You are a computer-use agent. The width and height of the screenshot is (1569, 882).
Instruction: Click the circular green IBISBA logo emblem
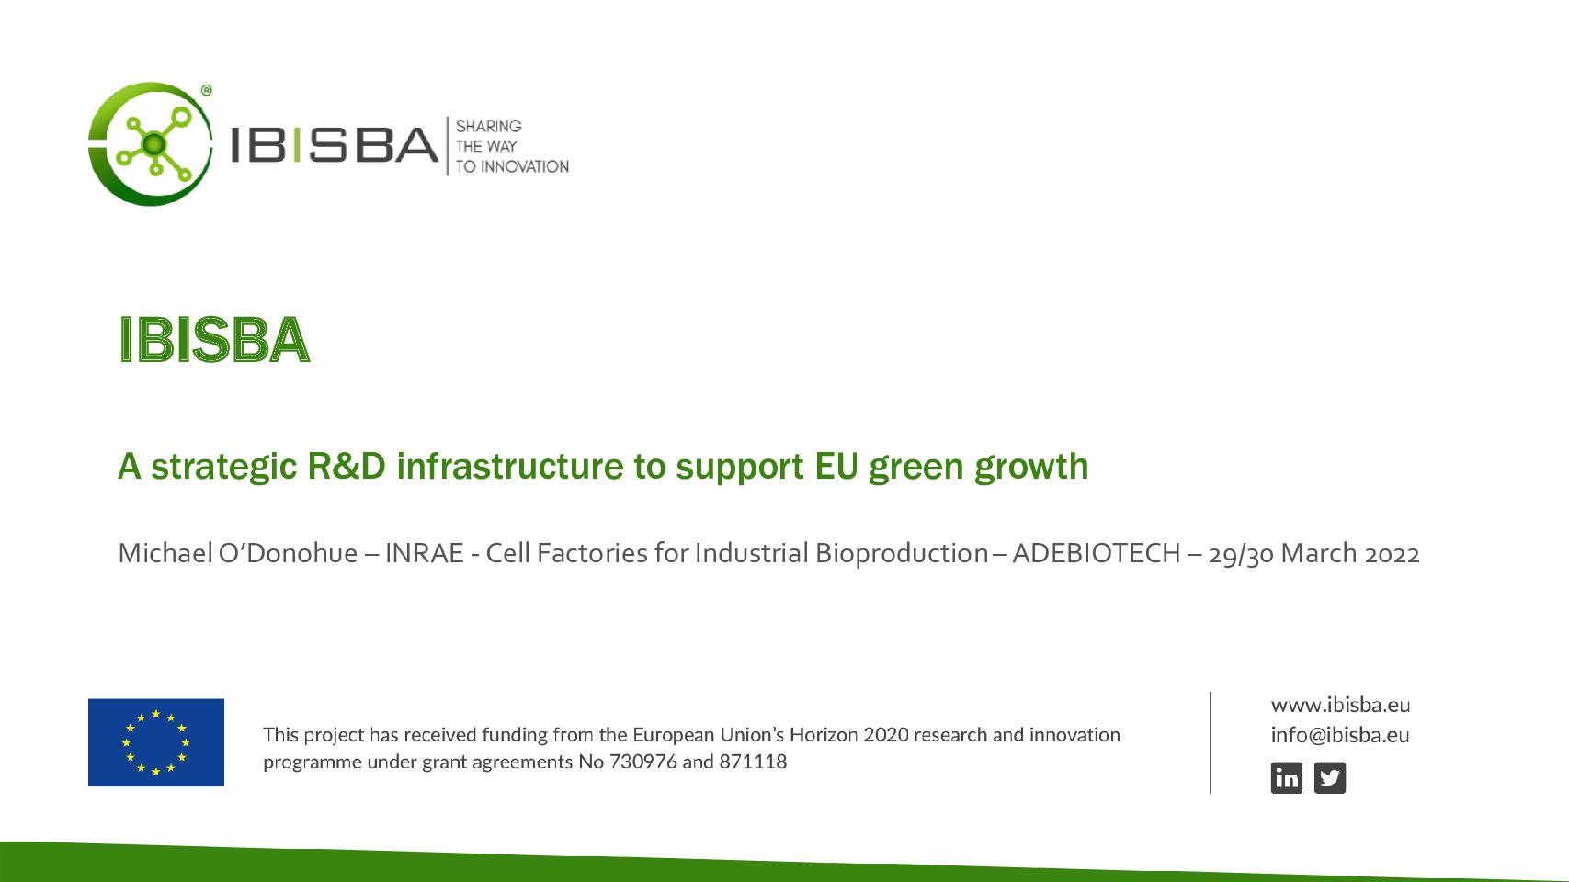click(150, 144)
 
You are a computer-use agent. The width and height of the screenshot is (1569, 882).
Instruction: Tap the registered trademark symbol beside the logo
click(207, 90)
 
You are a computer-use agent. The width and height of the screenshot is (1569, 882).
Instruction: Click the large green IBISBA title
click(214, 340)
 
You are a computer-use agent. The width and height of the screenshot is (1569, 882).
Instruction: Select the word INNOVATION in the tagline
click(525, 166)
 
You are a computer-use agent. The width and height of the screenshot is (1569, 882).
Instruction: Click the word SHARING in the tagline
click(489, 126)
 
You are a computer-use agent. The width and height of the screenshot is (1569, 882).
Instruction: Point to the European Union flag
click(156, 742)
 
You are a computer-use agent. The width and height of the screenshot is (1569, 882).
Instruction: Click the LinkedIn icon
click(1287, 777)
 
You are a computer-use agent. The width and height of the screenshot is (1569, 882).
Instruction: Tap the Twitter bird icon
click(1329, 777)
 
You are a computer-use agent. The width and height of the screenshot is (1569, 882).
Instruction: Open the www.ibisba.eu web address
click(1341, 704)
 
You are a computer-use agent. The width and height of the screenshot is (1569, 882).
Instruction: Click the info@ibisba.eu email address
click(1340, 735)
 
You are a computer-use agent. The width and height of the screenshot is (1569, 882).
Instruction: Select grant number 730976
click(643, 762)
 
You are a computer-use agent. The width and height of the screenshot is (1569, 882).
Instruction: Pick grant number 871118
click(753, 762)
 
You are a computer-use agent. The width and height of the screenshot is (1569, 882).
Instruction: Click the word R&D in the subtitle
click(346, 466)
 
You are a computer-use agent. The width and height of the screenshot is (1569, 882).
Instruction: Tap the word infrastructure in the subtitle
click(510, 466)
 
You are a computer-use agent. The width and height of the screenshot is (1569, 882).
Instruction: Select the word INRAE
click(425, 553)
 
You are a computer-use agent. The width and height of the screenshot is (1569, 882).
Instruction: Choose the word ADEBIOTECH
click(1097, 553)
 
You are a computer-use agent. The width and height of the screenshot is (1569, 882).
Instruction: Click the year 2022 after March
click(1392, 554)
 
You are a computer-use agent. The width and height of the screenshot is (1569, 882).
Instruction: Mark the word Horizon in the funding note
click(824, 735)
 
